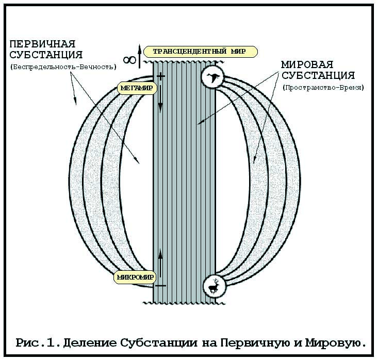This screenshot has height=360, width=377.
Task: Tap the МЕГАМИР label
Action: click(135, 88)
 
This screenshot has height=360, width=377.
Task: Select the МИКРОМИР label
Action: click(135, 277)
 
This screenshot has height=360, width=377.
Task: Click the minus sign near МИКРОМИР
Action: click(160, 285)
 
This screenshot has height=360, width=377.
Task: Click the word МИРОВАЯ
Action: click(307, 65)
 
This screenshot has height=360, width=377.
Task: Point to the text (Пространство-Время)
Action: click(323, 88)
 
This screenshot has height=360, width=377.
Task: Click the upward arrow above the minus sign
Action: click(160, 260)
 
